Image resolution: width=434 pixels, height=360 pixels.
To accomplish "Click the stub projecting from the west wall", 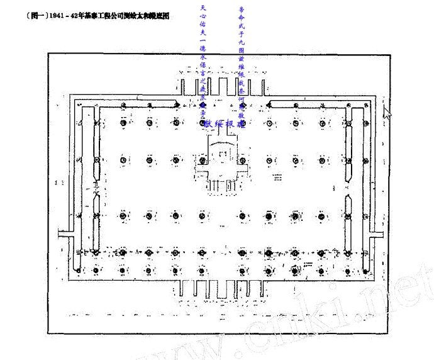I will pyautogui.click(x=64, y=233).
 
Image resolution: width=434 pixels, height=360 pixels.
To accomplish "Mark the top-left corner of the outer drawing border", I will pyautogui.click(x=48, y=53).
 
